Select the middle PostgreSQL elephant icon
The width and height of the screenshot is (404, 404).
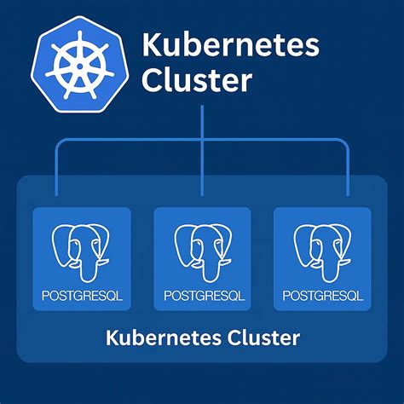pyautogui.click(x=202, y=251)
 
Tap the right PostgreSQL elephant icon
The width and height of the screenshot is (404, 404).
pyautogui.click(x=321, y=251)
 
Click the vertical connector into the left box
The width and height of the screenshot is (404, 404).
pyautogui.click(x=56, y=170)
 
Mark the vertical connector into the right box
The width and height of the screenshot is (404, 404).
pyautogui.click(x=349, y=170)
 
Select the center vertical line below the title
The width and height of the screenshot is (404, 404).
pyautogui.click(x=202, y=124)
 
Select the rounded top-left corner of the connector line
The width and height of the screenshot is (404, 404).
pyautogui.click(x=60, y=141)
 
